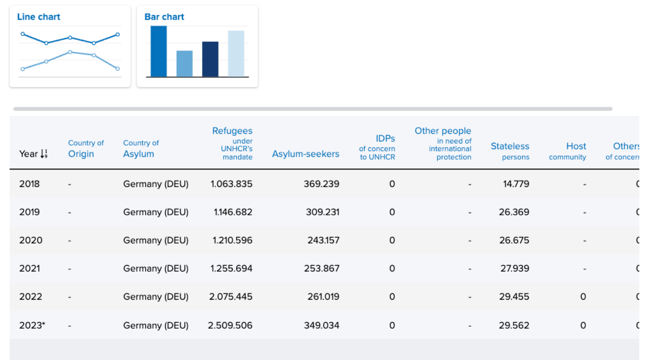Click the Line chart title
38,17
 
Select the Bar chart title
164,17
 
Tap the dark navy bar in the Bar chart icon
210,59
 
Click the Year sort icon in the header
44,154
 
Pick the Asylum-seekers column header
305,154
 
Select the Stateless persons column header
510,151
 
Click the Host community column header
567,151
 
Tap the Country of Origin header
86,149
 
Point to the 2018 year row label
29,184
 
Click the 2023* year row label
32,325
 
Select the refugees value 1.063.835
231,184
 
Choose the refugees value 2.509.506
230,325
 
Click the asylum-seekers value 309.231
323,212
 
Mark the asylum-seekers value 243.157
323,240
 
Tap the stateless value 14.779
516,184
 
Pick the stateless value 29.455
514,297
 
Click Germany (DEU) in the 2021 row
156,269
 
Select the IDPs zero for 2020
392,240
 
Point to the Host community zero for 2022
583,297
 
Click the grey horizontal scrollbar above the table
313,109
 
